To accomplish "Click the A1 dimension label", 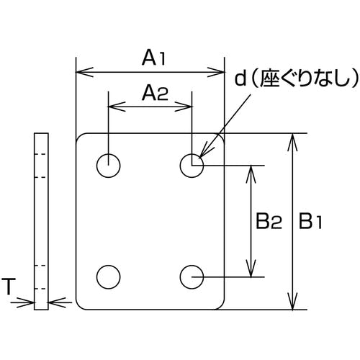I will [153, 58].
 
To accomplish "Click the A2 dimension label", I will [153, 92].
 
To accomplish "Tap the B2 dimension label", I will [271, 221].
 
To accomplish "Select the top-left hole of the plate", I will [108, 166].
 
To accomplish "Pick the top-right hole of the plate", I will [192, 166].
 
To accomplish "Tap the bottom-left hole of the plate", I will [108, 276].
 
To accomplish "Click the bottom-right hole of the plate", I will [192, 276].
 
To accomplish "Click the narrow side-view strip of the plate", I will [41, 221].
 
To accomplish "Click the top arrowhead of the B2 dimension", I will [251, 171].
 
